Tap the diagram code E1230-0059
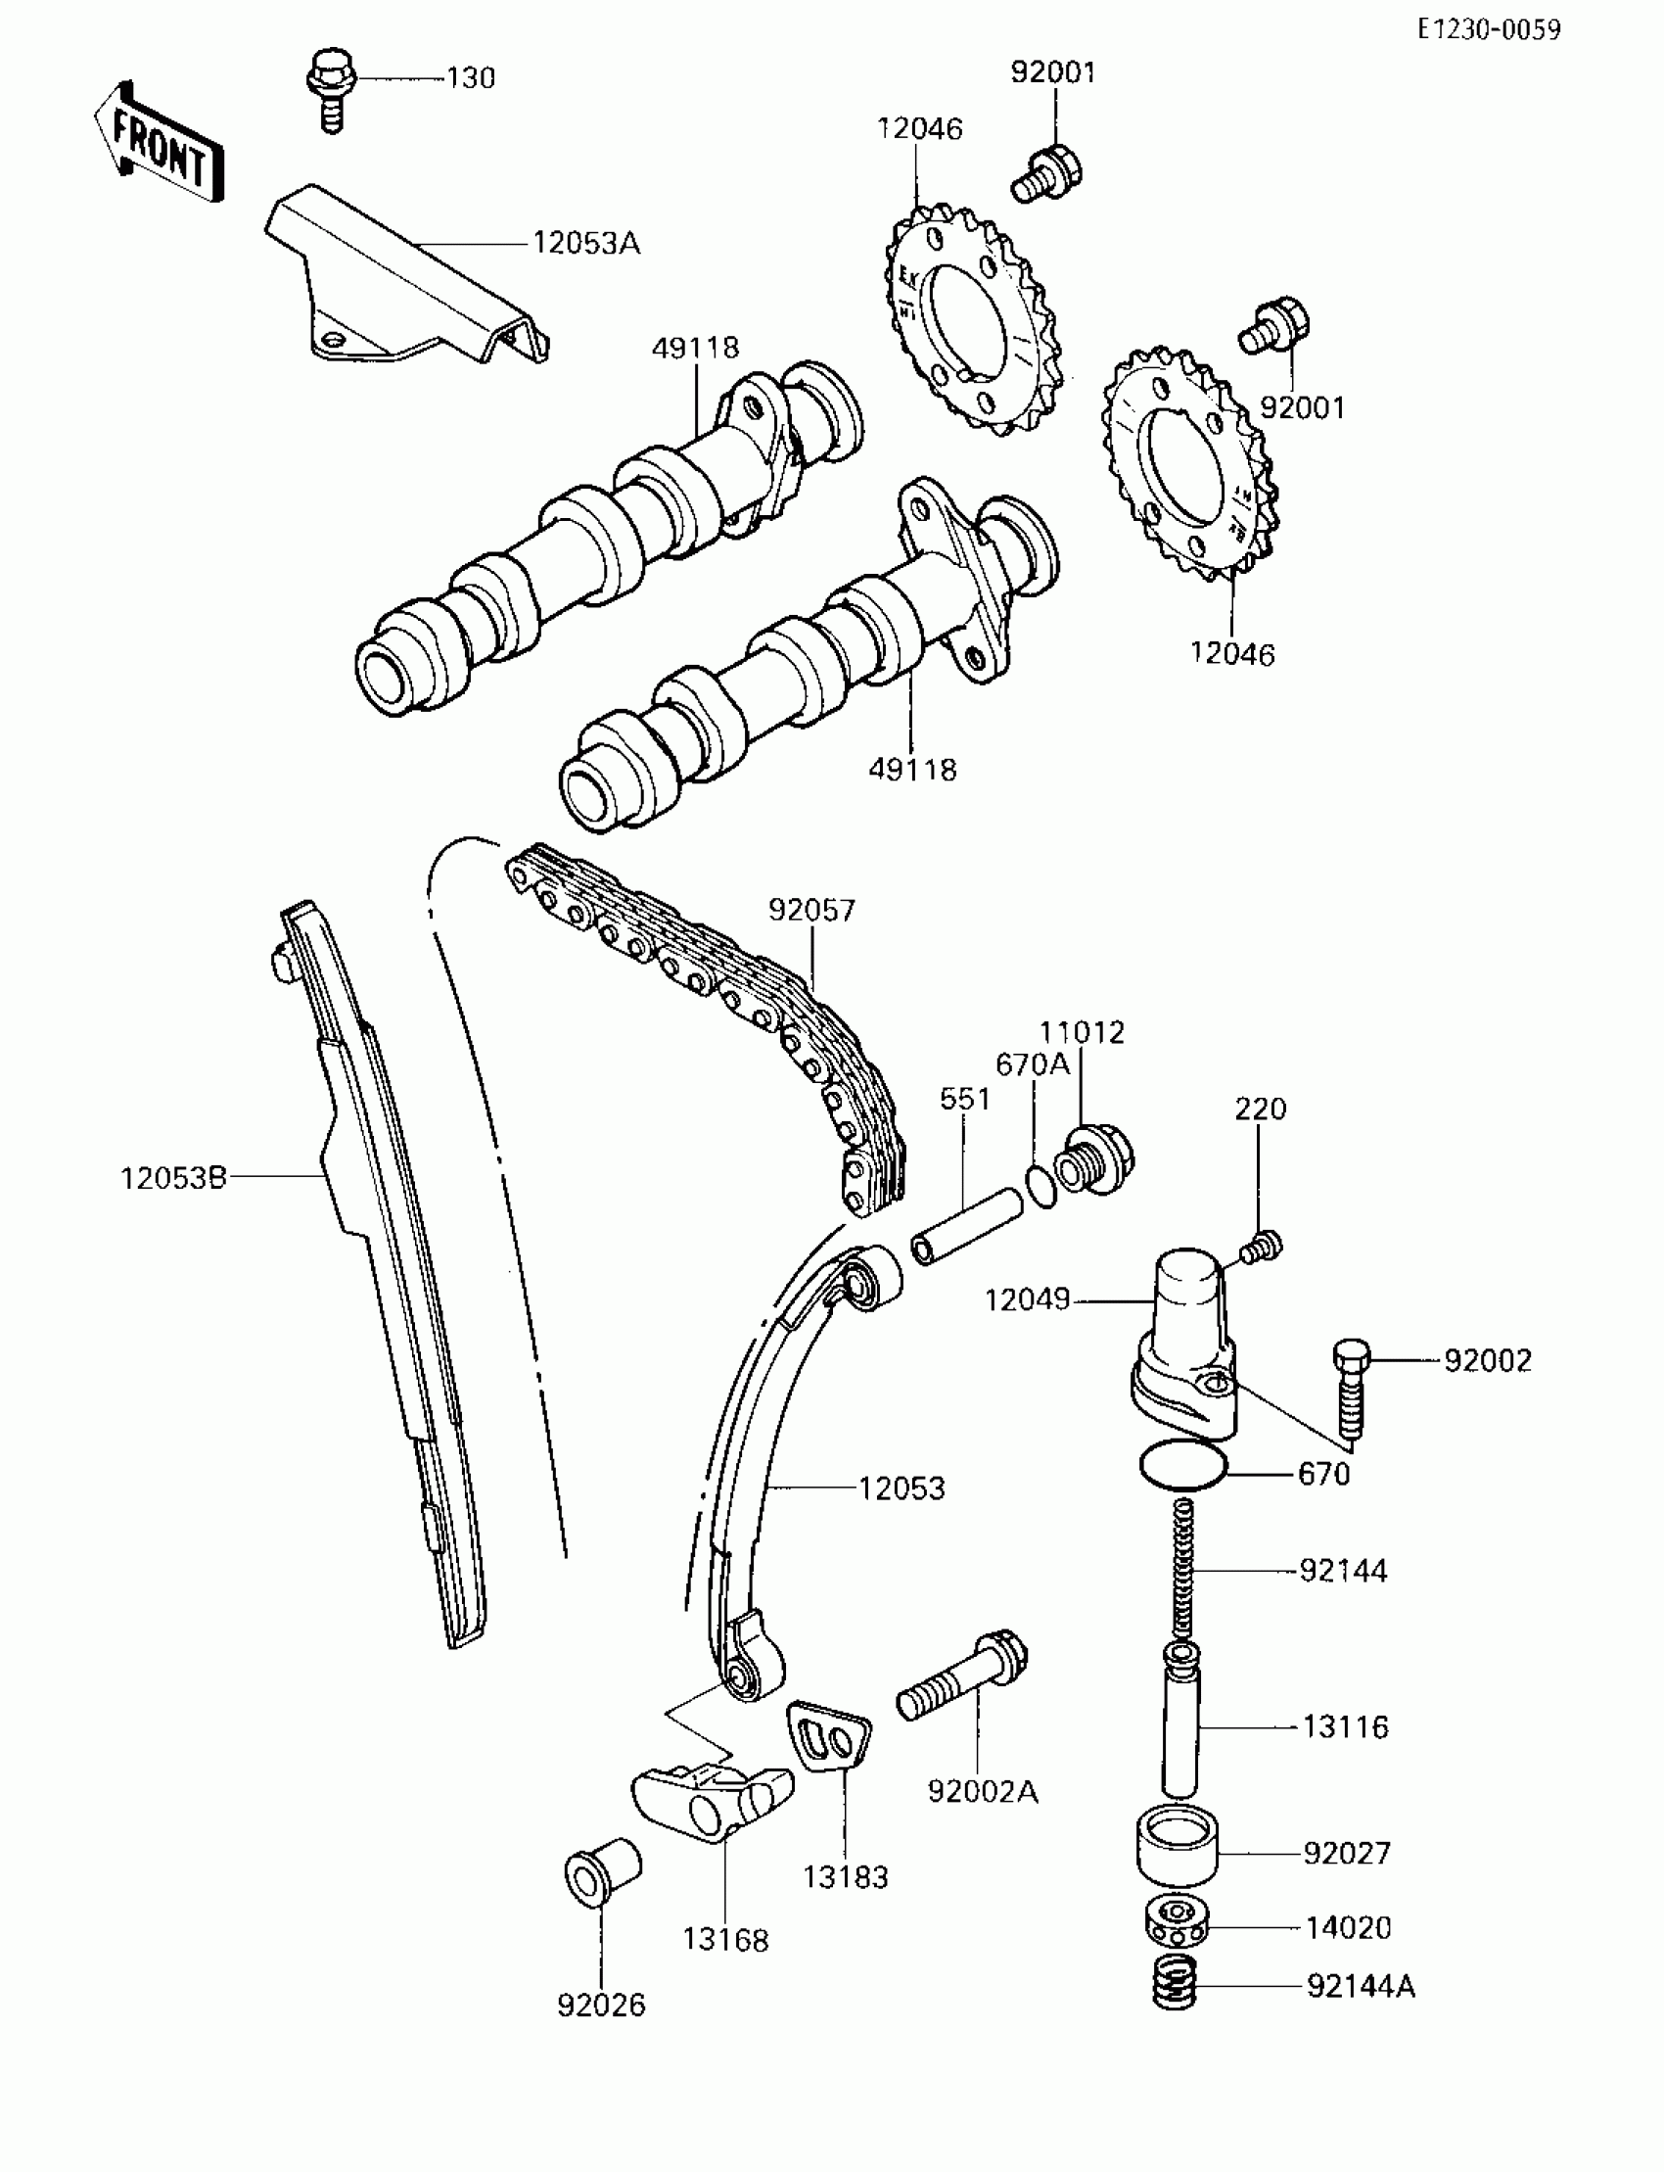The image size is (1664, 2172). pos(1488,30)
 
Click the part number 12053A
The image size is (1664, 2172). pos(586,243)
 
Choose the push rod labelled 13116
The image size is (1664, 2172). pos(1180,1723)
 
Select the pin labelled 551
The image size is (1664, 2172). pos(965,1227)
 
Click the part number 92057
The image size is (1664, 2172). pos(811,910)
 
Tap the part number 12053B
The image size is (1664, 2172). pos(173,1178)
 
